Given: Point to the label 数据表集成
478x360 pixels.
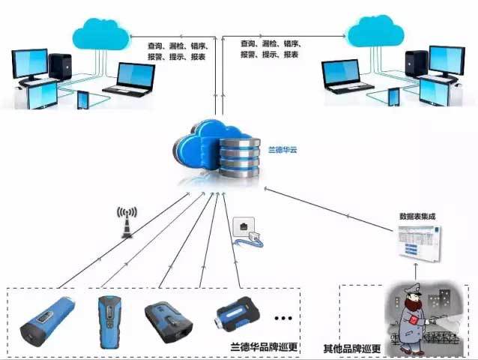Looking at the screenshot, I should click(x=417, y=216).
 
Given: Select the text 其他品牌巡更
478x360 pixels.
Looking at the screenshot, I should click(x=352, y=348).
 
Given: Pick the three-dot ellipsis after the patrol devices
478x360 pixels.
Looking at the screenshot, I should click(x=284, y=319).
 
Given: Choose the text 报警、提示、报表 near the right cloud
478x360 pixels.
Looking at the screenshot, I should click(x=270, y=55).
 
